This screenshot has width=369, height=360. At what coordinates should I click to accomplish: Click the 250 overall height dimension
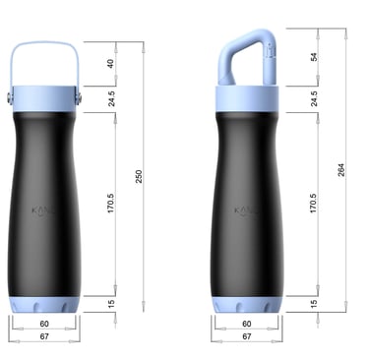[x=139, y=175]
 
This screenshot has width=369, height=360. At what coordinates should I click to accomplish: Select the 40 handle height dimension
[x=110, y=64]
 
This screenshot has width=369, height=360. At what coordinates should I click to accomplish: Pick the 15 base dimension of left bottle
[x=110, y=304]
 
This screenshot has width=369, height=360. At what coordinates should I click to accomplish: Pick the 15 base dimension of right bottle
[x=315, y=304]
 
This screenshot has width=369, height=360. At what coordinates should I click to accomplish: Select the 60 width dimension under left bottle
[x=44, y=323]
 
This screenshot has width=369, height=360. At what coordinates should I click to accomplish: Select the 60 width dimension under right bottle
[x=246, y=323]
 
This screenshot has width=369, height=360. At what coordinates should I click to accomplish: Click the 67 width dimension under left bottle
[x=44, y=336]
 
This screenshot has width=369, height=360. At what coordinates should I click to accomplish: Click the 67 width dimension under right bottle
[x=246, y=336]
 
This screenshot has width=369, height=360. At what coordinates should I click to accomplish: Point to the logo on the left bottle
[x=44, y=210]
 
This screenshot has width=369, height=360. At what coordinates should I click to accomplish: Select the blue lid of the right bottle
[x=246, y=97]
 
